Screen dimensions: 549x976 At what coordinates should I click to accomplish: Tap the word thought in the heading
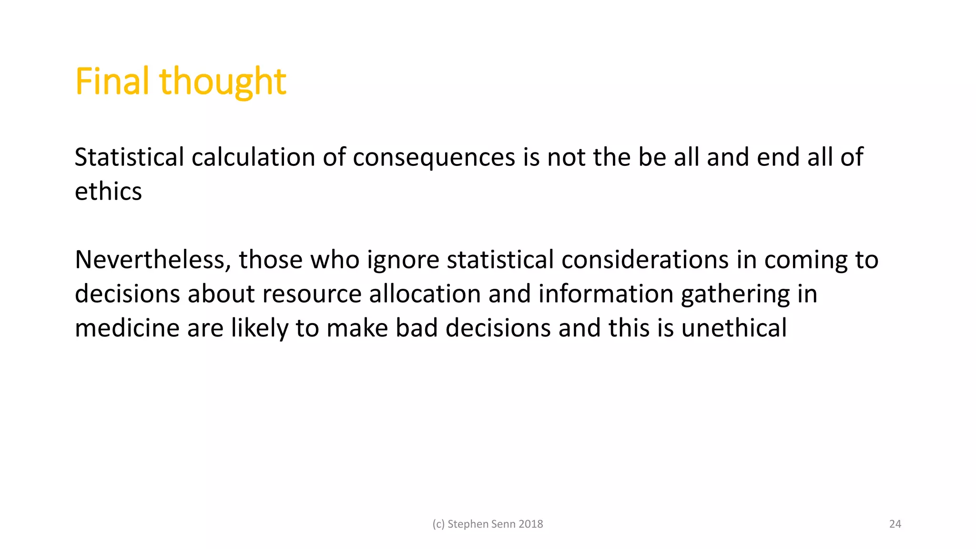coord(223,81)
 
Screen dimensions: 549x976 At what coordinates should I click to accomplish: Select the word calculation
coord(253,157)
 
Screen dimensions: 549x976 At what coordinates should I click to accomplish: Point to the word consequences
coord(434,157)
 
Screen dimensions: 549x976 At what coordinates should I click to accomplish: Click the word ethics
coord(108,192)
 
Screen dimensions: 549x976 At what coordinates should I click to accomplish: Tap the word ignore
coord(403,260)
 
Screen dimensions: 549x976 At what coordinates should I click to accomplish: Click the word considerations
coord(645,260)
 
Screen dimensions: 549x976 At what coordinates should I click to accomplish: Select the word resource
coord(312,294)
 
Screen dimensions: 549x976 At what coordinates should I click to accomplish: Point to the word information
coord(605,294)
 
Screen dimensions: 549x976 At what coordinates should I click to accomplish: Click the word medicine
coord(127,328)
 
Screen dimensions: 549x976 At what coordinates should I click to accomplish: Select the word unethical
coord(734,328)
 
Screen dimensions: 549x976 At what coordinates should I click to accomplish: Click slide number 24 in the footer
coord(895,524)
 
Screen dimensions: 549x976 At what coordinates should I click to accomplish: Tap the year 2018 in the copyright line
coord(530,524)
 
